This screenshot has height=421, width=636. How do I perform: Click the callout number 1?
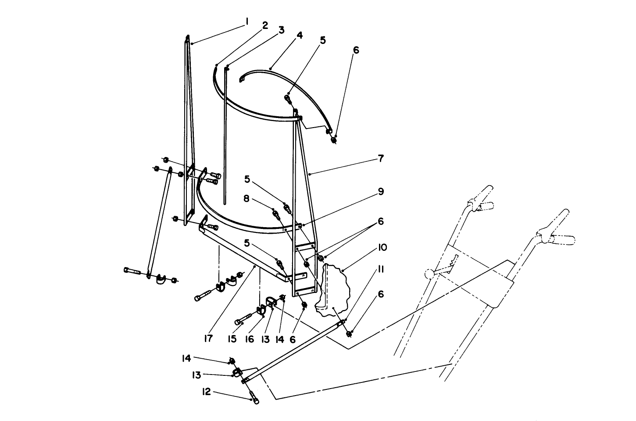(247, 21)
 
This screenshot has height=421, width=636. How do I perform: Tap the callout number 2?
(265, 25)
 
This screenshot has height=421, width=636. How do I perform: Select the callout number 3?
(281, 30)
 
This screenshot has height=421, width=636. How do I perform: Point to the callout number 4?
(299, 35)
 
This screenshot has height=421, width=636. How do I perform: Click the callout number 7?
(381, 158)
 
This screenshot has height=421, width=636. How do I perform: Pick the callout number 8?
(247, 199)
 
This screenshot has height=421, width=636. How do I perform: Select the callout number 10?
(381, 248)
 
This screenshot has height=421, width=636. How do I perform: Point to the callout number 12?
(206, 392)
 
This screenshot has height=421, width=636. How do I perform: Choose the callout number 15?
(232, 339)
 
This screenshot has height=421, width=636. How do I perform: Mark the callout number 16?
(250, 339)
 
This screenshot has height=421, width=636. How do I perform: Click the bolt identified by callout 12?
(254, 400)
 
